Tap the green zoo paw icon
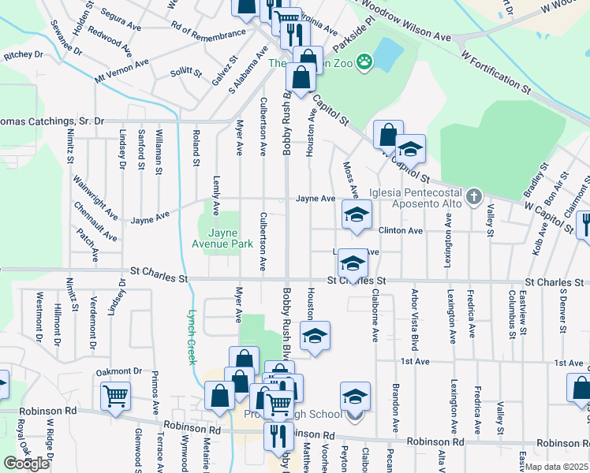click(x=364, y=61)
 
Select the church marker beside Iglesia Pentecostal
click(x=473, y=196)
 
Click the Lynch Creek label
click(x=192, y=335)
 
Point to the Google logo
click(x=26, y=464)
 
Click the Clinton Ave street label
click(x=401, y=230)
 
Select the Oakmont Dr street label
click(x=119, y=371)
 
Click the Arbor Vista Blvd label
click(x=413, y=319)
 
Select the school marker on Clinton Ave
click(x=357, y=214)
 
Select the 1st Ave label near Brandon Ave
click(x=413, y=361)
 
